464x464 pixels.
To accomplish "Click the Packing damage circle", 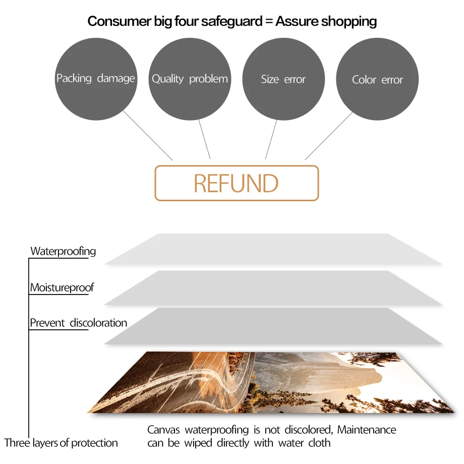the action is [95, 79].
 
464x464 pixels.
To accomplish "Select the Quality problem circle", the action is [190, 79].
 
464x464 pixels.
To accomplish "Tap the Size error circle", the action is [283, 79].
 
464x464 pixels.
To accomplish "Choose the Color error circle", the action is [377, 80].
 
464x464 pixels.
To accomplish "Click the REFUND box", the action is [237, 184].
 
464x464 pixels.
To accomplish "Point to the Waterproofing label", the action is [63, 251].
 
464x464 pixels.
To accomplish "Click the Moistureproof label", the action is [62, 288].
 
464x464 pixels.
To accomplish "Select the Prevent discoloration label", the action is [78, 323].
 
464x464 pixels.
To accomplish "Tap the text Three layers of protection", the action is [61, 443].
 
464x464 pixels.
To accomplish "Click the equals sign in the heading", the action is [268, 22].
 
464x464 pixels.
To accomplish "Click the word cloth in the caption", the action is [319, 443].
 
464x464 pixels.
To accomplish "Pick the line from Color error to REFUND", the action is [328, 136].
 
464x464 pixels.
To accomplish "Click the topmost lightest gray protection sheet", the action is [272, 249].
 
